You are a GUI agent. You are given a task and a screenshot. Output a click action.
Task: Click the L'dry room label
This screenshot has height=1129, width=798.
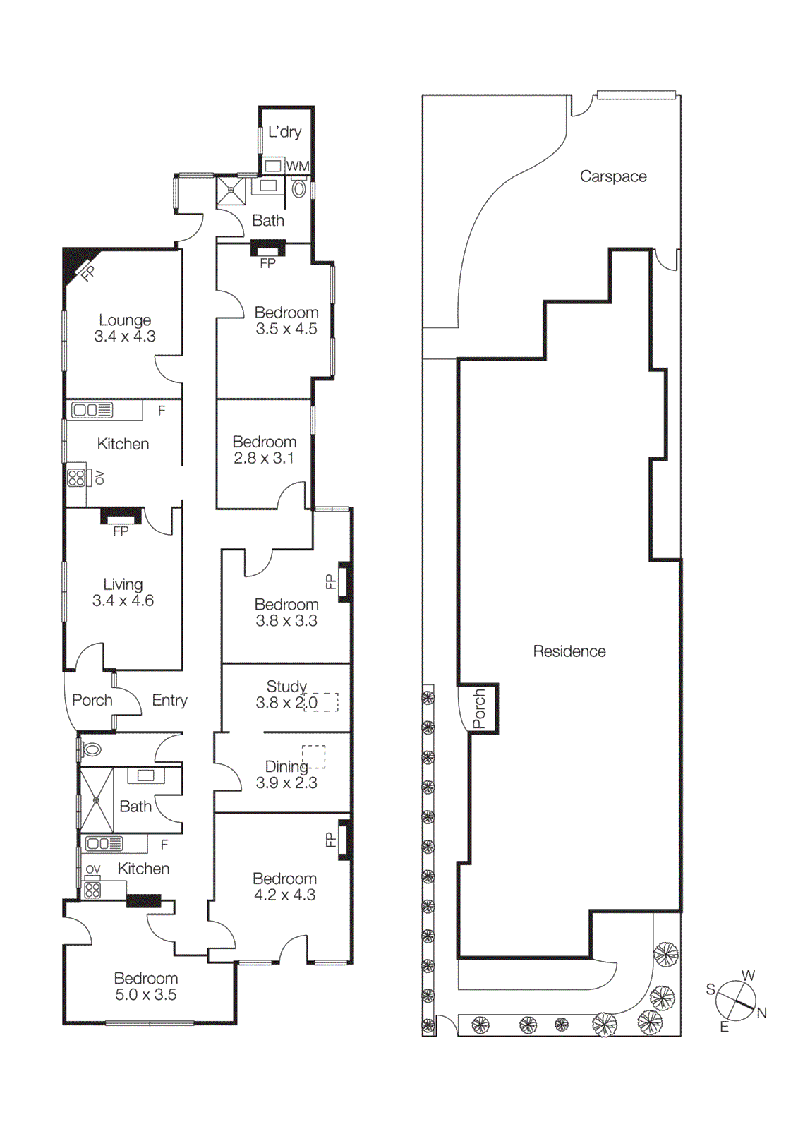click(x=284, y=132)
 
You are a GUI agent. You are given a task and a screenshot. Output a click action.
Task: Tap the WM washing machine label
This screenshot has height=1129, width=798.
click(x=298, y=167)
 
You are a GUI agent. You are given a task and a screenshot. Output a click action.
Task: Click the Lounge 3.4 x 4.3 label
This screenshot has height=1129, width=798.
click(x=125, y=328)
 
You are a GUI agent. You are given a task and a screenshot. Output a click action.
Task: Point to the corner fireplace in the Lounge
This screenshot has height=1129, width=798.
click(x=76, y=264)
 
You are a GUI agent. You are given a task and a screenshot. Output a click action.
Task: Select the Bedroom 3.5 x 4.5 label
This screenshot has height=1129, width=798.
click(x=286, y=320)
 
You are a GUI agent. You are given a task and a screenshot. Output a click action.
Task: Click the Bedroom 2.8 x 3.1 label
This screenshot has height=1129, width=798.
click(x=265, y=449)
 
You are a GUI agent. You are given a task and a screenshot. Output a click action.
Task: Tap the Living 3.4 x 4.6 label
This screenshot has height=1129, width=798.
click(x=123, y=593)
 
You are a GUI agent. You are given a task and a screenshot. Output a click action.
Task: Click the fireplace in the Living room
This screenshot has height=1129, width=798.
click(x=121, y=517)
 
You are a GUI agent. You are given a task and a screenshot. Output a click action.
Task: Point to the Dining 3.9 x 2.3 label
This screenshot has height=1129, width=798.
click(x=286, y=775)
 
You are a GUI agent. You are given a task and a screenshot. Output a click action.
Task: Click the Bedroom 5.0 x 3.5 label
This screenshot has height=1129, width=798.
click(x=146, y=986)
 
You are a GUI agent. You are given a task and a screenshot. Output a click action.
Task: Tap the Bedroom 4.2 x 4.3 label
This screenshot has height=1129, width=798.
click(x=285, y=886)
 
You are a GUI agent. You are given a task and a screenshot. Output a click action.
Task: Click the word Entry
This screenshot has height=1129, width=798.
click(x=170, y=700)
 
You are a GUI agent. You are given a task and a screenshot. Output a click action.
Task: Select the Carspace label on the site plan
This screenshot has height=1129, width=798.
click(x=613, y=176)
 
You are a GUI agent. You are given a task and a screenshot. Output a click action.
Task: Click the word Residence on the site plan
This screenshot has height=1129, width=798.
click(x=569, y=651)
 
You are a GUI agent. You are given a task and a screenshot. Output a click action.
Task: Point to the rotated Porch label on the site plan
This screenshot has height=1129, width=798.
click(x=479, y=708)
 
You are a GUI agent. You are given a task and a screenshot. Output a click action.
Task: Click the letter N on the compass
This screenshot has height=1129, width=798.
click(x=762, y=1013)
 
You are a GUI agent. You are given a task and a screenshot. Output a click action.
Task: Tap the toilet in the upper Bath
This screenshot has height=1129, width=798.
click(x=299, y=189)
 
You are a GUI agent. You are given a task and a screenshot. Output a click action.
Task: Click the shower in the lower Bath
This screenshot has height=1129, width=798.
click(x=97, y=800)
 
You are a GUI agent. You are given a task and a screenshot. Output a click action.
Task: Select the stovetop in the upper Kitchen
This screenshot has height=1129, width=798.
click(x=76, y=478)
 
